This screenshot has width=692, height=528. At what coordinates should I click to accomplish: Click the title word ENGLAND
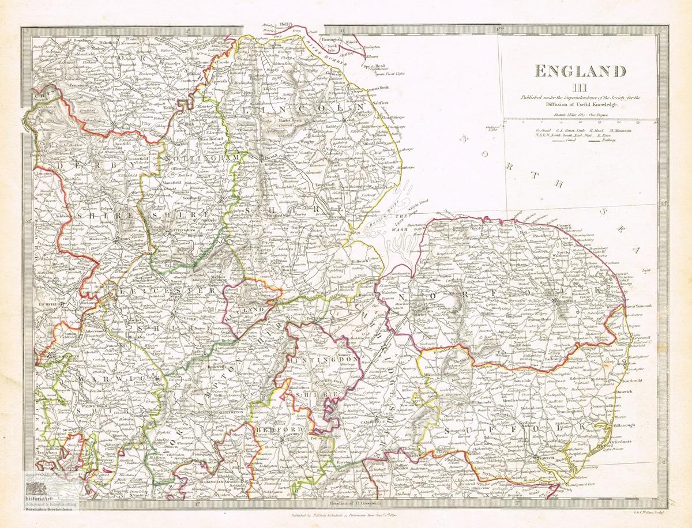[x=581, y=71]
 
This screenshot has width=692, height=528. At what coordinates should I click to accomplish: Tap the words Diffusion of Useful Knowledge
[x=580, y=105]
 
